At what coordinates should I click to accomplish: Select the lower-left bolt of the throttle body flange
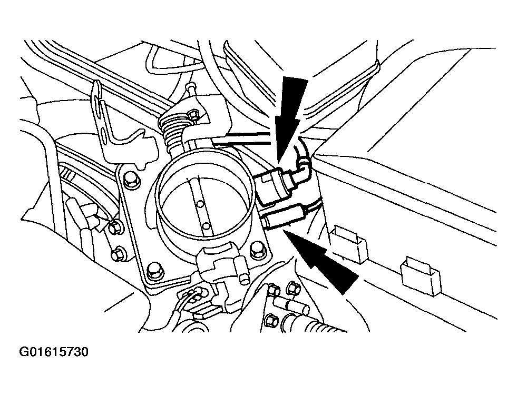[154, 271]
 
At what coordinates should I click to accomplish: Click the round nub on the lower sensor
[244, 276]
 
